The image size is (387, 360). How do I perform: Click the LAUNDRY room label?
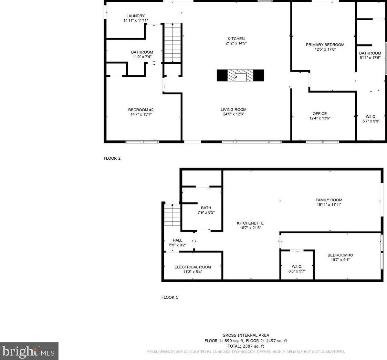click(136, 16)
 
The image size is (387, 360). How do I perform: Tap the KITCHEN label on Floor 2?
click(236, 39)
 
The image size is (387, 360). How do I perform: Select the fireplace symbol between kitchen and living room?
click(240, 75)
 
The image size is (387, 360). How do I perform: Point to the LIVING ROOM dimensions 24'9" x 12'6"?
click(233, 114)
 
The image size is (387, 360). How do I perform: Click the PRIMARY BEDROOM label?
click(325, 45)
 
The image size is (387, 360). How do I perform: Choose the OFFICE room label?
click(320, 114)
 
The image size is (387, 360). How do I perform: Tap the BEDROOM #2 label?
click(141, 110)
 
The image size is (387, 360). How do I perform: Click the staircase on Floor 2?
click(172, 43)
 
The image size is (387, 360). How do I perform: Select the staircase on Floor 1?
click(172, 215)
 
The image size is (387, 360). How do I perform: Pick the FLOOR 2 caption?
click(112, 158)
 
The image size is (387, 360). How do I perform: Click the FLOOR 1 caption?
click(169, 297)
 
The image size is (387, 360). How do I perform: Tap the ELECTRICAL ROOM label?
click(193, 267)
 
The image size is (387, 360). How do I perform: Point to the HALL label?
click(177, 240)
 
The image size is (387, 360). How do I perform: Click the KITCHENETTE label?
click(250, 223)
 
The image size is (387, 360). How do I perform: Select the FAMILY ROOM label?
click(329, 200)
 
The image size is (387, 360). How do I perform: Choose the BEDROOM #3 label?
click(340, 255)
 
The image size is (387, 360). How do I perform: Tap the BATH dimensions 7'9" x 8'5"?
click(206, 212)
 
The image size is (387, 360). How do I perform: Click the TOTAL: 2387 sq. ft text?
click(246, 346)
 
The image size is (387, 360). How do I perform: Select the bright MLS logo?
click(29, 351)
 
